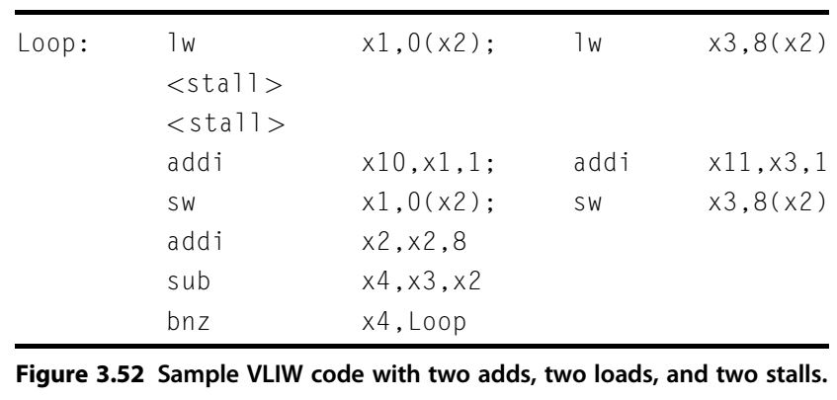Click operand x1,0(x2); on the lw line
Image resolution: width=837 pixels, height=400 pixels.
pos(427,47)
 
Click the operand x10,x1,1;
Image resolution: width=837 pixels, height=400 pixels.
pos(427,164)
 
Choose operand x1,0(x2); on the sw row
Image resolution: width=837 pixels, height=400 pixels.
pos(427,203)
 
